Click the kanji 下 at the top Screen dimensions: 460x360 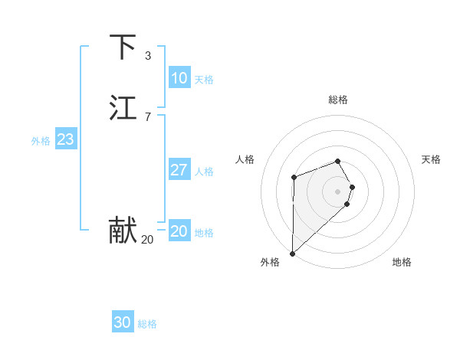coord(123,47)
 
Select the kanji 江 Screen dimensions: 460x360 coord(123,108)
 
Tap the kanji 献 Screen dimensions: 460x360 coord(123,231)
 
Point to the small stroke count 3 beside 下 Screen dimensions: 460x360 coord(148,56)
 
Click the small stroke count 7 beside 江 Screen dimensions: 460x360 coord(148,117)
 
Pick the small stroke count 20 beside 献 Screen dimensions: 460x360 coord(147,240)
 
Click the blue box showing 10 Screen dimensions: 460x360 coord(179,78)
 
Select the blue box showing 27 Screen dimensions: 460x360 coord(179,170)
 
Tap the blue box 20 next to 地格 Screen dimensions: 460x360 coord(179,231)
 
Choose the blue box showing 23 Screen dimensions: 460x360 coord(65,139)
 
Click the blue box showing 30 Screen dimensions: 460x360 coord(122,322)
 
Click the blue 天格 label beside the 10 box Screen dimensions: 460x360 coord(204,80)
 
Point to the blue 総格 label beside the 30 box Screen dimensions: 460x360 coord(147,324)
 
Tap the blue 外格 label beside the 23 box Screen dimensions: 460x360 coord(41,141)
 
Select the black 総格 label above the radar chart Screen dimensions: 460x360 coord(338,100)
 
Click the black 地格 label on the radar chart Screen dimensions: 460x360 coord(402,262)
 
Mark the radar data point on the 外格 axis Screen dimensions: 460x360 coord(292,253)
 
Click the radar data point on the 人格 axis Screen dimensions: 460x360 coord(294,178)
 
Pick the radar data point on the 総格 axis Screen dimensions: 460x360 coord(338,161)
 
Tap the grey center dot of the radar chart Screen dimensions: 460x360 coord(338,191)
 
